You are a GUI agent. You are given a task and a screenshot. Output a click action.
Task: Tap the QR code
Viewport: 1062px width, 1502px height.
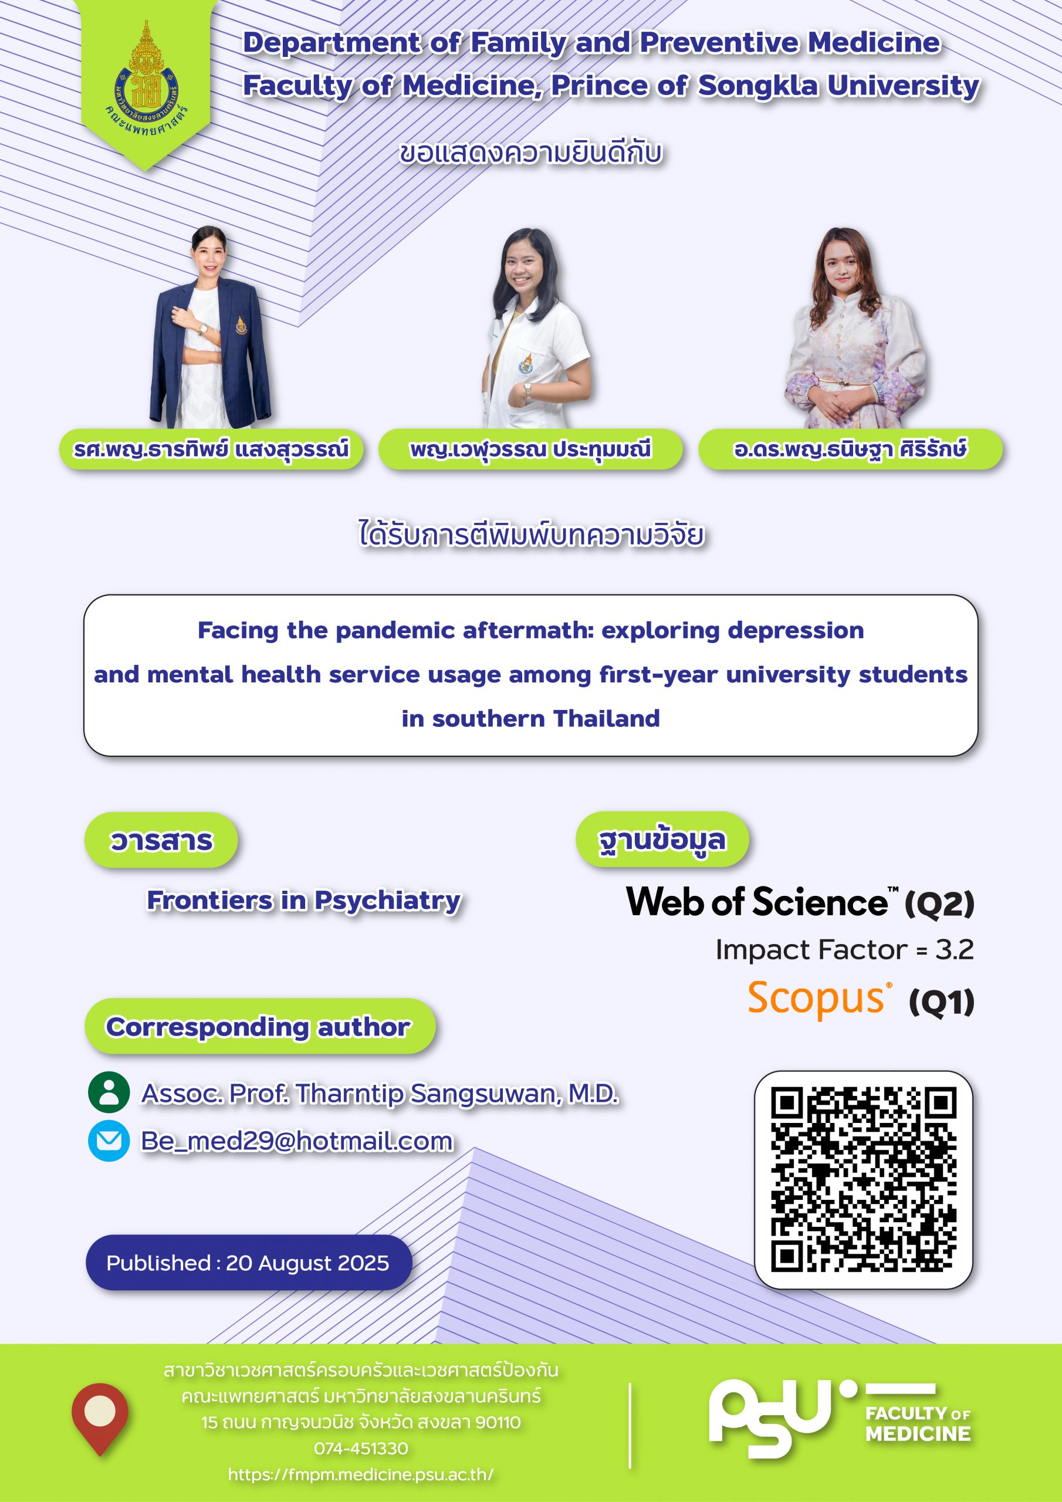tap(863, 1179)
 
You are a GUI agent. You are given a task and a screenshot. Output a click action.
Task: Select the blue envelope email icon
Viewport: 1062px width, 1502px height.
tap(109, 1141)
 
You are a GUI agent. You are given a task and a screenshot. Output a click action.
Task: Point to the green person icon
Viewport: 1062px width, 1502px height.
tap(109, 1092)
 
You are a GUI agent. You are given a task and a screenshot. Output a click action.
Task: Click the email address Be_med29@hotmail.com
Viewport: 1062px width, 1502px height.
tap(297, 1141)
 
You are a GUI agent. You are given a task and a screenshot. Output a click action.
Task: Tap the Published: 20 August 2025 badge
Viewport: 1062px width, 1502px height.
tap(249, 1263)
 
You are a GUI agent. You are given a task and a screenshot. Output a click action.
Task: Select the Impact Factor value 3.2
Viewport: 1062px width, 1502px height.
tap(954, 949)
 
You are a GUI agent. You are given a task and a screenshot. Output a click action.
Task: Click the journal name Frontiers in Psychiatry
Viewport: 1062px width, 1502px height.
tap(303, 901)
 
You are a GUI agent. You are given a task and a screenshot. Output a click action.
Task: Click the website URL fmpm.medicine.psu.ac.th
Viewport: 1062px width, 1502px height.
tap(360, 1474)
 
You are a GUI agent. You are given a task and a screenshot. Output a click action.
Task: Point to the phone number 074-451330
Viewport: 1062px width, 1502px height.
tap(360, 1449)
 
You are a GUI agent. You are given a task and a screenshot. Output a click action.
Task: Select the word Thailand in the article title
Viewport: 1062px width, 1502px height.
tap(607, 718)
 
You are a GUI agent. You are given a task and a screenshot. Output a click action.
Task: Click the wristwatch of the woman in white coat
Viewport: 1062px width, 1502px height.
tap(527, 391)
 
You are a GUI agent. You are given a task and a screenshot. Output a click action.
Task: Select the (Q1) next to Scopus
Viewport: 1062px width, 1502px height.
tap(942, 1002)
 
